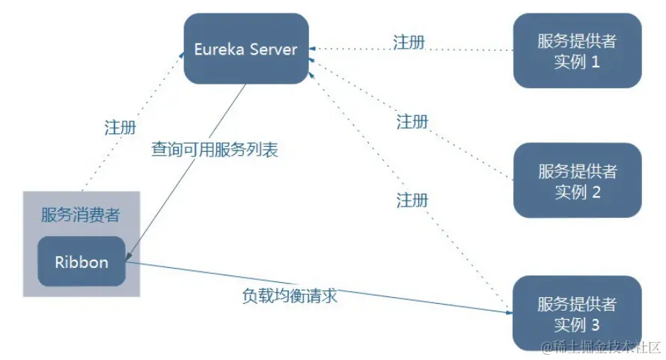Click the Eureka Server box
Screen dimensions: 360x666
pos(246,49)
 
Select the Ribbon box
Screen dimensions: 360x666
pos(82,262)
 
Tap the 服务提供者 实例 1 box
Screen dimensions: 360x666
pos(577,51)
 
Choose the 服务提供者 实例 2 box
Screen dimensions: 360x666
pos(577,180)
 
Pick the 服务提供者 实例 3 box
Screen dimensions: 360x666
pos(577,314)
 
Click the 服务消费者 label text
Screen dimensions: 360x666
pos(81,216)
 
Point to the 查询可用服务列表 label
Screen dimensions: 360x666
pos(214,150)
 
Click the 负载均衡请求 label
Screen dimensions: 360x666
pos(290,295)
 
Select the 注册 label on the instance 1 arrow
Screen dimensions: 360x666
pos(409,41)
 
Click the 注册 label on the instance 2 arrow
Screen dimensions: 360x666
pos(412,121)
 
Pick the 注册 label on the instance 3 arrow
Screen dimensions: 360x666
pos(412,200)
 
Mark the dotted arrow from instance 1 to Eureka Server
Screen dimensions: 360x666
pos(464,50)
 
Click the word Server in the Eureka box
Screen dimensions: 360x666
pos(274,49)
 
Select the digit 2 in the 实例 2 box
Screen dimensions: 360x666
pos(596,192)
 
